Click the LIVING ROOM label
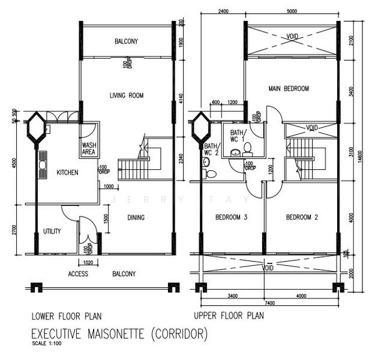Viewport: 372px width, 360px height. [x=127, y=95]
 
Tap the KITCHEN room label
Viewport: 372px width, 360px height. [x=67, y=172]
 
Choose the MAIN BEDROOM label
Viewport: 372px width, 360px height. [x=288, y=89]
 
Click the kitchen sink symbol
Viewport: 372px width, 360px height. [x=43, y=161]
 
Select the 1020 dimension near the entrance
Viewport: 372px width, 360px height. [x=88, y=262]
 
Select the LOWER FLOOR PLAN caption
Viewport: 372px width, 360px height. [x=66, y=316]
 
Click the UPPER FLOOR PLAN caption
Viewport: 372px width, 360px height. [x=228, y=316]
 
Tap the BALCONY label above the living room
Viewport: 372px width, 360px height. [x=127, y=41]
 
